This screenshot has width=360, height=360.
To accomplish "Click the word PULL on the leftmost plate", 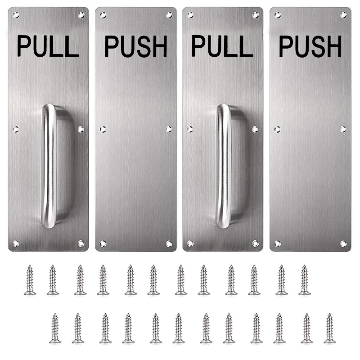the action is pos(48,46).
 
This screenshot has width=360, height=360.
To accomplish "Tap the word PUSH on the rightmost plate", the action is pos(310,46).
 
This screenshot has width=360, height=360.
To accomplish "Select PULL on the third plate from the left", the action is pos(222,46).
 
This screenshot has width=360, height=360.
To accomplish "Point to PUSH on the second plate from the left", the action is pos(136,46).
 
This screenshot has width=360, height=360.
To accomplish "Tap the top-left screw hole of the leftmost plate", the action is pos(16,15).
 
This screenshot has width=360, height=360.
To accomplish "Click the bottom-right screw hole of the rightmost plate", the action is pos(343,243).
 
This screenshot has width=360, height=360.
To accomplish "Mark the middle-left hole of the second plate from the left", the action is pos(103,129).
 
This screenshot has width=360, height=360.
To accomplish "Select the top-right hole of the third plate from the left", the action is pos(256,15).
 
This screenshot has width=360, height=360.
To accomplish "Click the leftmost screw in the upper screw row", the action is pos(30,279).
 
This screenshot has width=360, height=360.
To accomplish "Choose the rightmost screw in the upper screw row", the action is pos(305,279).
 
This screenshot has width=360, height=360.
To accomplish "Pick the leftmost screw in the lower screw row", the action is pos(55,328).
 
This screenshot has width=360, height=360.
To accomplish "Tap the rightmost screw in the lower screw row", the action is pos(330,328).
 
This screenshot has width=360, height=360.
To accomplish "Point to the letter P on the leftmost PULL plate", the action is pos(24,46).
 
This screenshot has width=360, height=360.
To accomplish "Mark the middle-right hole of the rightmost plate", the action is pos(343,129).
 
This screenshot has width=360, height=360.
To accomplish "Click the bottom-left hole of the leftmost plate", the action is pos(16,243).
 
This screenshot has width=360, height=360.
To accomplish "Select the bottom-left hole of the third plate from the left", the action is pos(190,243).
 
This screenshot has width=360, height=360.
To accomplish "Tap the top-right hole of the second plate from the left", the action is pos(169,15).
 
